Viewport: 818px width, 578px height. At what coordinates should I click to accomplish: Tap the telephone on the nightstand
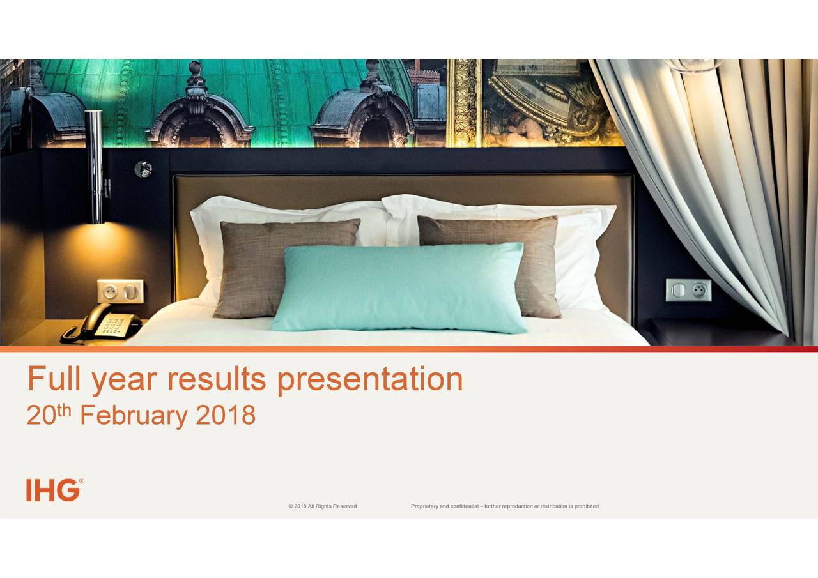pos(102,324)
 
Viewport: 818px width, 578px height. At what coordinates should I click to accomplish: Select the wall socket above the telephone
pos(120,291)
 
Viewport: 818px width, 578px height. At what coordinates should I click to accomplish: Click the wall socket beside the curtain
pos(688,290)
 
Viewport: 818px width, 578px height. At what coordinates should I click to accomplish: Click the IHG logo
pos(54,490)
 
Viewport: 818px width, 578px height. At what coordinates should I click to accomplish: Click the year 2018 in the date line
pos(226,416)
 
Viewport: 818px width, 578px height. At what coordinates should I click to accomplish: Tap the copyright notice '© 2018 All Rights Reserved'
pos(322,506)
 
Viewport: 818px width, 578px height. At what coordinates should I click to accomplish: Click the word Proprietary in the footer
pos(425,506)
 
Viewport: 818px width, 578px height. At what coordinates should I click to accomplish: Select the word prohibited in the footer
pos(587,506)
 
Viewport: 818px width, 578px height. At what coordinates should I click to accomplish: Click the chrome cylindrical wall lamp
pos(95,167)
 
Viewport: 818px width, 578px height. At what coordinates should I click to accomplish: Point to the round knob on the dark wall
pos(143,169)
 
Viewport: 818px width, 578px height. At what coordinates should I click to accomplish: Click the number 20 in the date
pos(41,417)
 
